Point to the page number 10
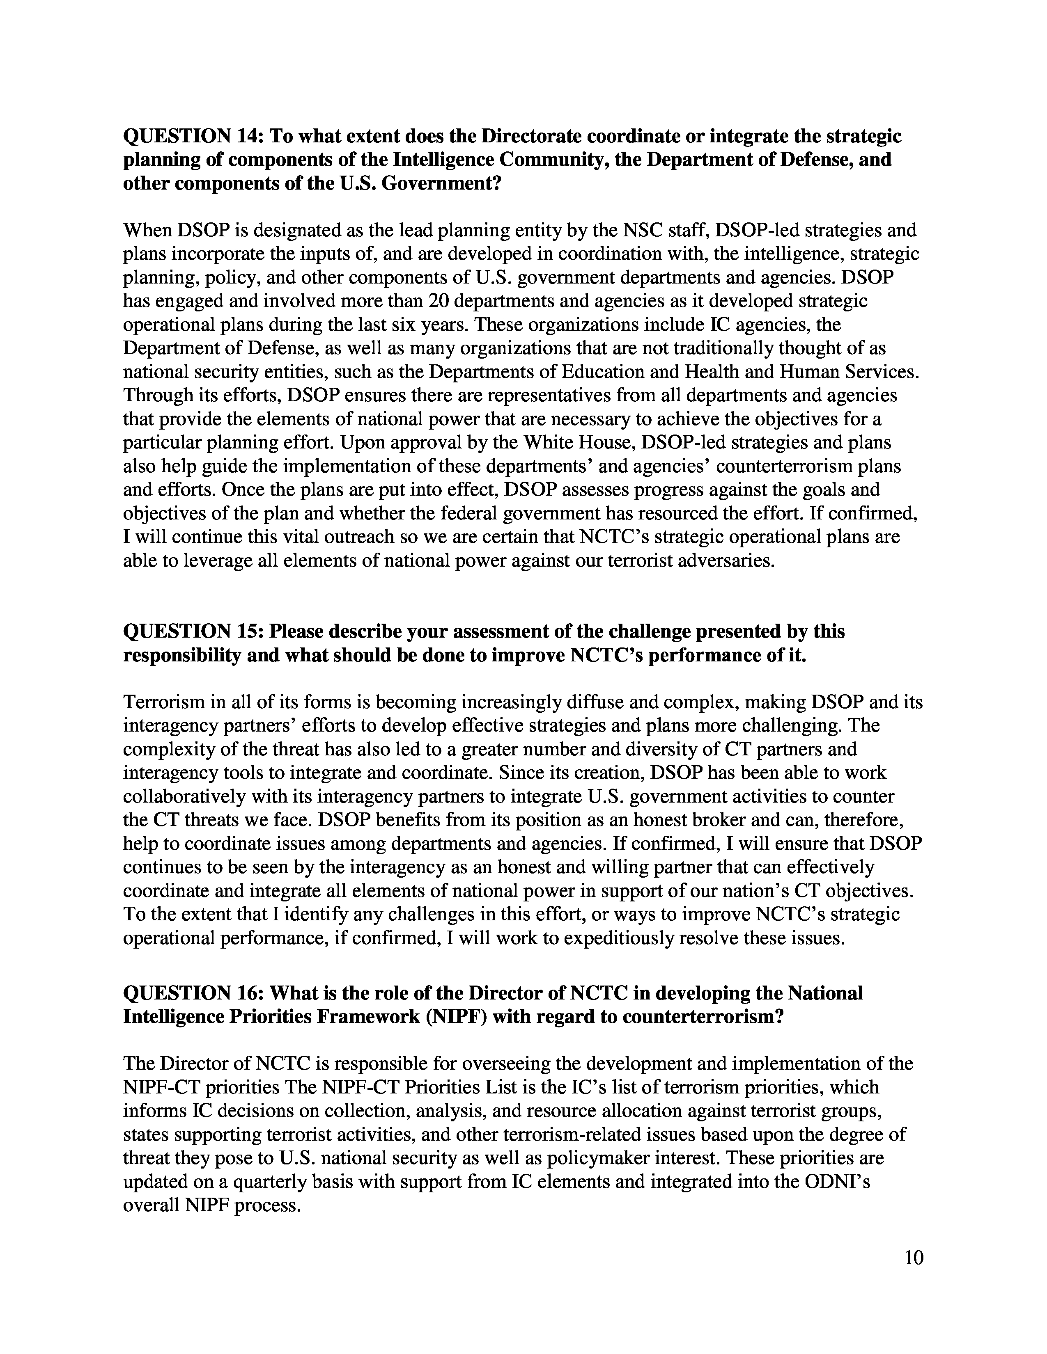[x=914, y=1258]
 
